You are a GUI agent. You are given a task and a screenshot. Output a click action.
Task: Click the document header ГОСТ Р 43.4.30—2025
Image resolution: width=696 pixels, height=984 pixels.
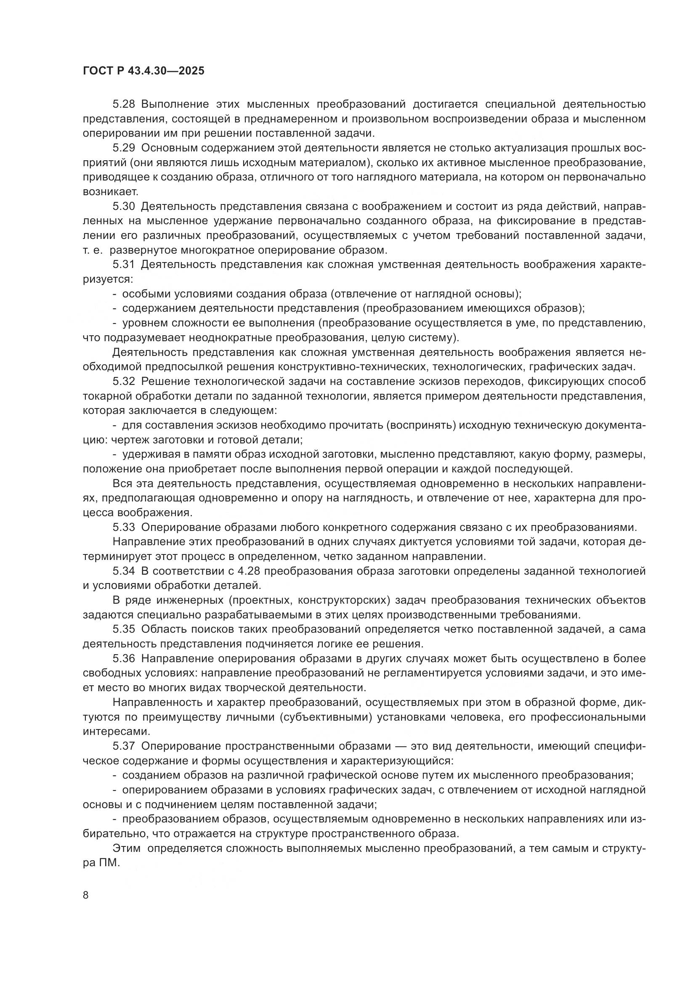143,71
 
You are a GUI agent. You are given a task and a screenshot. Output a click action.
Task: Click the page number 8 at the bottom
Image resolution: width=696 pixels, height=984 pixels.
86,883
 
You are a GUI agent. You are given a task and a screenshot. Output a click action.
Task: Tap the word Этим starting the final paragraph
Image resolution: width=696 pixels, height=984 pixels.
126,848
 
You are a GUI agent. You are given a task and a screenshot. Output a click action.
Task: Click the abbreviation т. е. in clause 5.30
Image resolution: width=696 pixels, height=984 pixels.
92,250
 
